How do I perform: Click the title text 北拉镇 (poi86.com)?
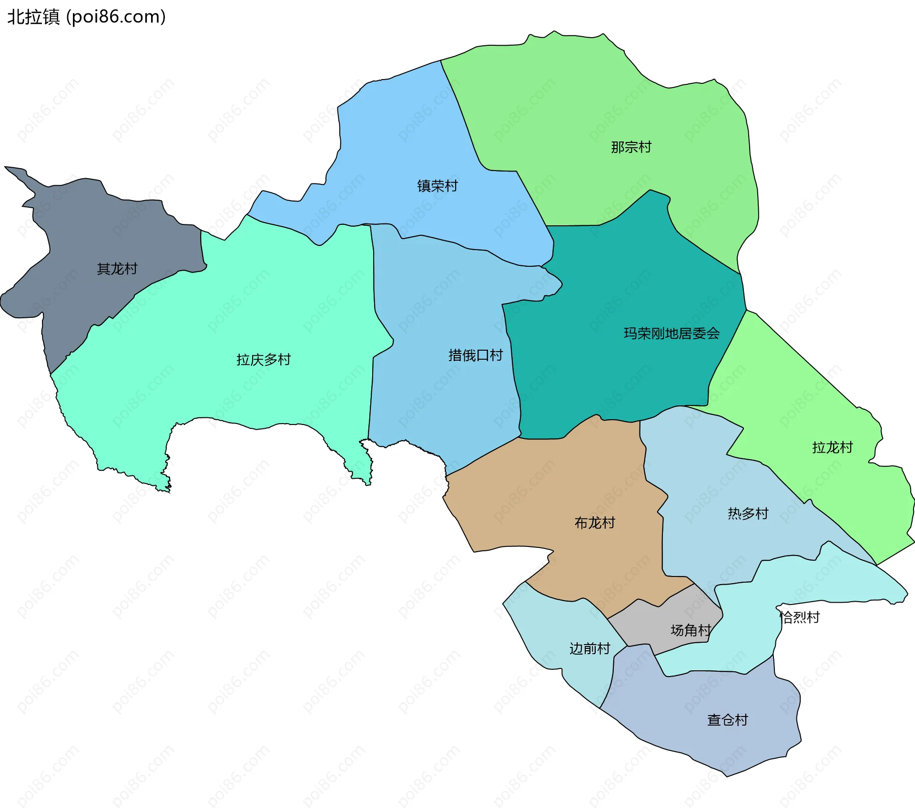[87, 17]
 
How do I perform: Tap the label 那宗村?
[631, 147]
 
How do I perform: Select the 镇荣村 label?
[437, 186]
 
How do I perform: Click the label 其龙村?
[117, 269]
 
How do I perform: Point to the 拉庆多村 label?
[264, 360]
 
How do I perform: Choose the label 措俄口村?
[476, 355]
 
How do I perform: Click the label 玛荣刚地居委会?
[671, 333]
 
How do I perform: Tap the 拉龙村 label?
[832, 447]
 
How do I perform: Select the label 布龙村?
[595, 523]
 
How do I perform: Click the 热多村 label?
[748, 514]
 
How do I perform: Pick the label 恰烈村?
[800, 617]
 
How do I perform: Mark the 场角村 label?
[691, 631]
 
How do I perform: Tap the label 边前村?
[590, 649]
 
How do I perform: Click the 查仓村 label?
[727, 720]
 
